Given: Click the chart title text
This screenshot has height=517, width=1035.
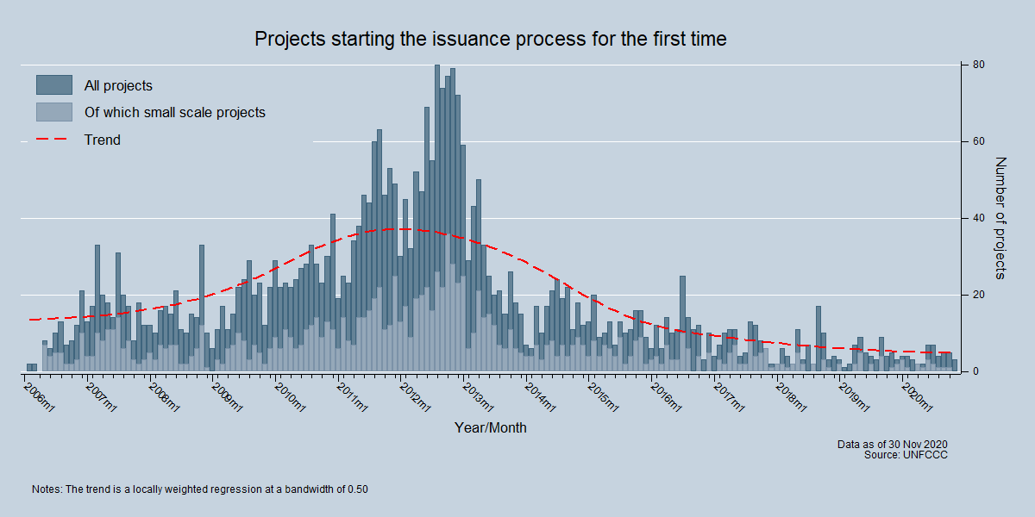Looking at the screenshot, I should (491, 40).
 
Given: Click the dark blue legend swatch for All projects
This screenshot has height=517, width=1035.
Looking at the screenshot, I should (53, 85).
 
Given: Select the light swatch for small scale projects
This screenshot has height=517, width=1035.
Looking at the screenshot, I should (53, 112).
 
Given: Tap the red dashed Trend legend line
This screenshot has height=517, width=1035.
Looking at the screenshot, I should (53, 140).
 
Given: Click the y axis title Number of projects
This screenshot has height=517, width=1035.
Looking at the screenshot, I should (1000, 218).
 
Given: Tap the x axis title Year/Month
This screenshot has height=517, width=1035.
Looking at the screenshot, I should (491, 427).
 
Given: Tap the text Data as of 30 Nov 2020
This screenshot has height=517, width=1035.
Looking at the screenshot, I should (893, 444).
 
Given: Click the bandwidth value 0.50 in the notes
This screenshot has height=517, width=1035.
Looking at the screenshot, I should (358, 489).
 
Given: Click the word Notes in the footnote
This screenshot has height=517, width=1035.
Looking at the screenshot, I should (47, 489).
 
